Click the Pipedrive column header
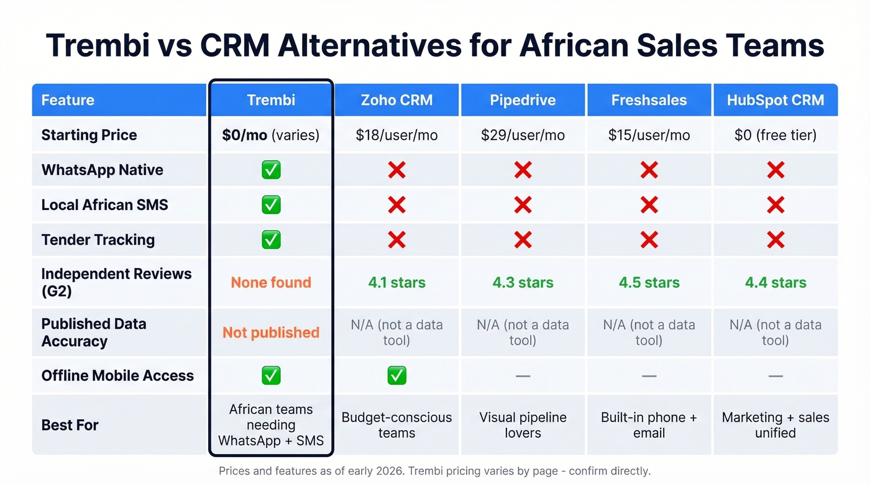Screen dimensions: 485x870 point(523,100)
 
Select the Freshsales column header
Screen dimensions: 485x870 point(649,100)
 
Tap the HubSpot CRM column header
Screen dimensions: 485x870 point(775,100)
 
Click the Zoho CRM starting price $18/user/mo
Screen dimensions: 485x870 point(396,135)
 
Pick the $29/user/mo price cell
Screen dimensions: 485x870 point(523,135)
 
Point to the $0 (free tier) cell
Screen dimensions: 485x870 point(775,135)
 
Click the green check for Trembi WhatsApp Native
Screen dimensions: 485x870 point(271,170)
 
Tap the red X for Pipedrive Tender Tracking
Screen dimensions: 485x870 point(523,240)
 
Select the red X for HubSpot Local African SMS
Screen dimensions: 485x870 point(775,205)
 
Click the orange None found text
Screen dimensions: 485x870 point(271,283)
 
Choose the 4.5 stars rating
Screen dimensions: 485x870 point(649,283)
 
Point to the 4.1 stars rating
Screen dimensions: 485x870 point(396,283)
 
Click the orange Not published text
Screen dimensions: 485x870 point(271,332)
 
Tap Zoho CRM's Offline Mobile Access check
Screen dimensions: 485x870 point(396,375)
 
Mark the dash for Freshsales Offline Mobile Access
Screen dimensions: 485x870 point(649,376)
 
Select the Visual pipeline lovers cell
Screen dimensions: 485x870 point(523,425)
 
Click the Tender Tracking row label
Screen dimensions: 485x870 point(98,240)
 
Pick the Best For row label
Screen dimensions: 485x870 point(70,425)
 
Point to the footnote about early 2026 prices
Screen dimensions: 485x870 point(434,471)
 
